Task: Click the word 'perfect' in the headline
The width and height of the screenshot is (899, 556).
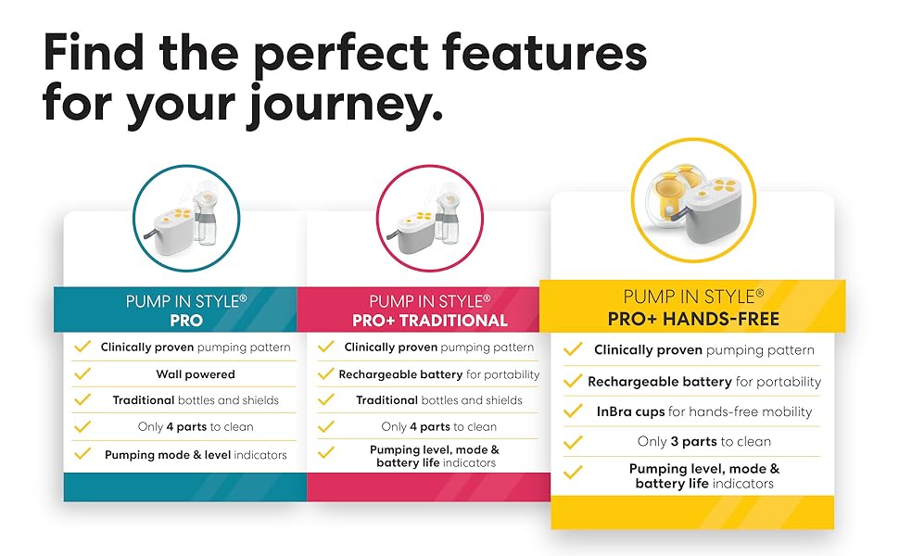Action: (340, 56)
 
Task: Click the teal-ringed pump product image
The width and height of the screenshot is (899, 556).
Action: (186, 219)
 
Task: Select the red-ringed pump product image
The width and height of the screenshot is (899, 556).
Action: (429, 219)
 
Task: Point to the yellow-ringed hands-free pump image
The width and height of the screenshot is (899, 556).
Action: (693, 200)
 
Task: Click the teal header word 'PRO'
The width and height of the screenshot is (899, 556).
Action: (186, 321)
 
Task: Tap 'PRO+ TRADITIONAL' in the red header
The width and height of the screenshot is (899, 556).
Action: (430, 321)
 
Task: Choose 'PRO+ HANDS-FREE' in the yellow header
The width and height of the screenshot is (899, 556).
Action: (693, 319)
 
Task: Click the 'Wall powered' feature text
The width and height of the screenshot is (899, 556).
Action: (196, 374)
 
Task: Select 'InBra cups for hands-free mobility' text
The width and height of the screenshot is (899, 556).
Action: (704, 411)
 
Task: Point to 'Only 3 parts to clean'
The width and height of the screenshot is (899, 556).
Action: (704, 441)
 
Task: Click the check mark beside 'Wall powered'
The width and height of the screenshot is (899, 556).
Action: (82, 373)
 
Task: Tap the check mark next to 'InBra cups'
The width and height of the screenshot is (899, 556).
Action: (573, 411)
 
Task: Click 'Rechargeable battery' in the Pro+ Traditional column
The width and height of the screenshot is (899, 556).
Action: (400, 374)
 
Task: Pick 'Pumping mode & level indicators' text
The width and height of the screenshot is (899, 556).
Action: (196, 455)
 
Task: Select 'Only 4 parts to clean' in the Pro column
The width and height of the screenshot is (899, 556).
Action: (196, 426)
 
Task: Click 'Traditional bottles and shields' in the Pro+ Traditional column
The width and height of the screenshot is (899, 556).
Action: (439, 400)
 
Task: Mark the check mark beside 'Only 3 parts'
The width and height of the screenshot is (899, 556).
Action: (573, 442)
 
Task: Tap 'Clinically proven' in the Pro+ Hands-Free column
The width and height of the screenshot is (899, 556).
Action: (648, 349)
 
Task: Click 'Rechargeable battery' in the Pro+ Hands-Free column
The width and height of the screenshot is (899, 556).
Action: (660, 382)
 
